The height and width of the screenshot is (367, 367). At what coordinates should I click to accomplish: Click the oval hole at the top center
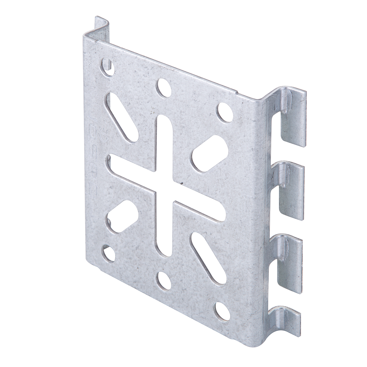point(164,87)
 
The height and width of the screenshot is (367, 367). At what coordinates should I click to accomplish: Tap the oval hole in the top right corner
point(225,112)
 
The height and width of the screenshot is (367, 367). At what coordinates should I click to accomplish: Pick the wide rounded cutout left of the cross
point(121,215)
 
